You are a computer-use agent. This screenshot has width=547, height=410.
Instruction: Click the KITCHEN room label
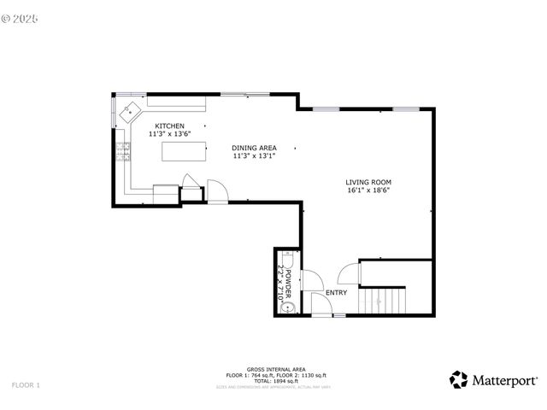pyautogui.click(x=168, y=126)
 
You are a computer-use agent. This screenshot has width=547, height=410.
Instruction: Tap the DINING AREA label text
pyautogui.click(x=254, y=148)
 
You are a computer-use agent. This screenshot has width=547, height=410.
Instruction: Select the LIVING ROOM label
pyautogui.click(x=368, y=182)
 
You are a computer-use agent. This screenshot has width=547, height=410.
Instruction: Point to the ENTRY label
pyautogui.click(x=336, y=293)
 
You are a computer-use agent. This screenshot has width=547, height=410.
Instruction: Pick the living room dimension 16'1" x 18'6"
pyautogui.click(x=368, y=191)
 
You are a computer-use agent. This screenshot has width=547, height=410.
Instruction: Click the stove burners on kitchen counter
pyautogui.click(x=122, y=153)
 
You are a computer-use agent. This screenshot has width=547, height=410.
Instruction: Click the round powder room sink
pyautogui.click(x=289, y=307)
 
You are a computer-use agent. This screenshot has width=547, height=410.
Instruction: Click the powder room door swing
pyautogui.click(x=313, y=280)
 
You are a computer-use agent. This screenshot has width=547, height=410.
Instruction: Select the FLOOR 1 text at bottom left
pyautogui.click(x=26, y=385)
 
